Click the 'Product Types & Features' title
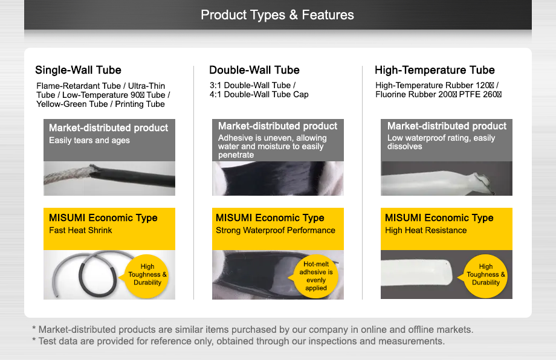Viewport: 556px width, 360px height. point(277,14)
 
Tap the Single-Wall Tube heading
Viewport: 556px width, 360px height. point(78,70)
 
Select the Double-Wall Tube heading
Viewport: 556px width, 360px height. point(254,70)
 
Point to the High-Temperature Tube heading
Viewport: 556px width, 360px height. point(435,70)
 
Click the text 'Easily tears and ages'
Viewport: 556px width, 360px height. point(89,141)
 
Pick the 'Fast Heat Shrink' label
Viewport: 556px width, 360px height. point(80,230)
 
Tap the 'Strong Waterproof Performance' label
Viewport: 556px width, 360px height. point(275,230)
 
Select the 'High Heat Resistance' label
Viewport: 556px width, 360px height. point(425,230)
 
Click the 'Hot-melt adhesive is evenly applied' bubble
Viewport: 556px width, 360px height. point(316,275)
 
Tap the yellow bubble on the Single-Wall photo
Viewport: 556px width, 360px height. point(147,275)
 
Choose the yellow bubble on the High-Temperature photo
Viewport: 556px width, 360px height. point(485,275)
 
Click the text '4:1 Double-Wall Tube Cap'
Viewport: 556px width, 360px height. point(259,95)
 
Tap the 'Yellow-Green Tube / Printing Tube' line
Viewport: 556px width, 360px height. point(100,104)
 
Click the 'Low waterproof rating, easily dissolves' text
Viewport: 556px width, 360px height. point(441,142)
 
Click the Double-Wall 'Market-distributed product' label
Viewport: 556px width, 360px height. point(277,126)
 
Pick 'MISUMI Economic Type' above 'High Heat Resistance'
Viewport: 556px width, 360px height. point(439,218)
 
